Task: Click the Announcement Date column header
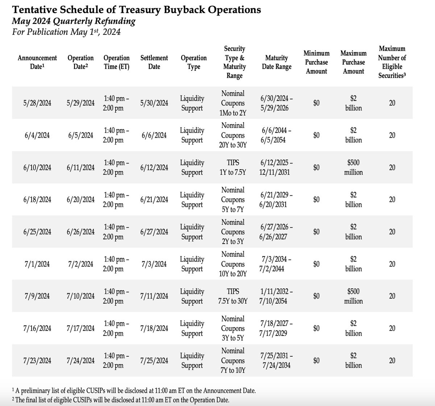pyautogui.click(x=37, y=62)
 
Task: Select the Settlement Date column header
pyautogui.click(x=154, y=62)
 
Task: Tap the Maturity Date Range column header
pyautogui.click(x=277, y=62)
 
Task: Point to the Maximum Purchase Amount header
pyautogui.click(x=353, y=62)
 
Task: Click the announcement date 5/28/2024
pyautogui.click(x=37, y=103)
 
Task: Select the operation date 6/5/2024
pyautogui.click(x=80, y=135)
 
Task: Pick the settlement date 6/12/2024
pyautogui.click(x=154, y=167)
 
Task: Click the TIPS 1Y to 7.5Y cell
pyautogui.click(x=233, y=167)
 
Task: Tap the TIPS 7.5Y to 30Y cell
pyautogui.click(x=233, y=296)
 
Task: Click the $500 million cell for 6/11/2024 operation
pyautogui.click(x=353, y=167)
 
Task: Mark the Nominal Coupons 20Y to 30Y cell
pyautogui.click(x=233, y=135)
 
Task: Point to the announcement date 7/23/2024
pyautogui.click(x=37, y=361)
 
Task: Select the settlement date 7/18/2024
pyautogui.click(x=154, y=329)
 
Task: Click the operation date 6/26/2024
pyautogui.click(x=80, y=232)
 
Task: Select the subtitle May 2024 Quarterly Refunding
pyautogui.click(x=74, y=21)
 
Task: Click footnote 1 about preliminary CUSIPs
pyautogui.click(x=134, y=391)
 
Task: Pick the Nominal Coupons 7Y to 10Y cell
pyautogui.click(x=233, y=361)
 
